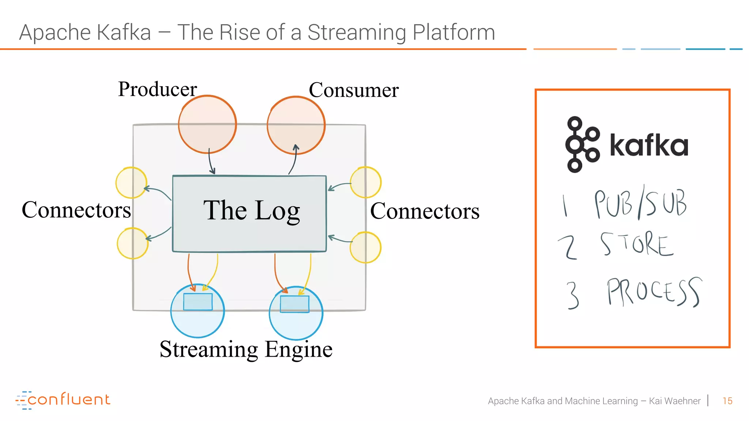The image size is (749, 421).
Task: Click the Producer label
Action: click(157, 89)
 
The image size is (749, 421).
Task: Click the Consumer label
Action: click(353, 90)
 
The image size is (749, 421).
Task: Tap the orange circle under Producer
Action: click(207, 124)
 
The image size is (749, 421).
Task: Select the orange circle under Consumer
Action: click(296, 125)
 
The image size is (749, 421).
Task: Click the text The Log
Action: click(252, 211)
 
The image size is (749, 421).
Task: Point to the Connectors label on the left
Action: click(76, 210)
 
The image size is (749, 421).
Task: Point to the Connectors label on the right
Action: click(425, 211)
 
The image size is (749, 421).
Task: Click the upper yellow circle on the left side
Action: click(131, 183)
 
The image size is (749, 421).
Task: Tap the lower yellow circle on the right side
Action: click(365, 247)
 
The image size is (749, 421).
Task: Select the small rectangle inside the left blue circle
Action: click(198, 302)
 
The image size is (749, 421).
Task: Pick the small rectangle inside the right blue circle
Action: click(295, 304)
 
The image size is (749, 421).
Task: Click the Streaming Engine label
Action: click(246, 349)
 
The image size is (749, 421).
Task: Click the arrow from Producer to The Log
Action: click(211, 162)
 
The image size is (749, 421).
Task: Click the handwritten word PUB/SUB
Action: click(640, 203)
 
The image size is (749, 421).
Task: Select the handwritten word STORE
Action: click(636, 244)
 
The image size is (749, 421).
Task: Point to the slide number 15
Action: click(727, 401)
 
